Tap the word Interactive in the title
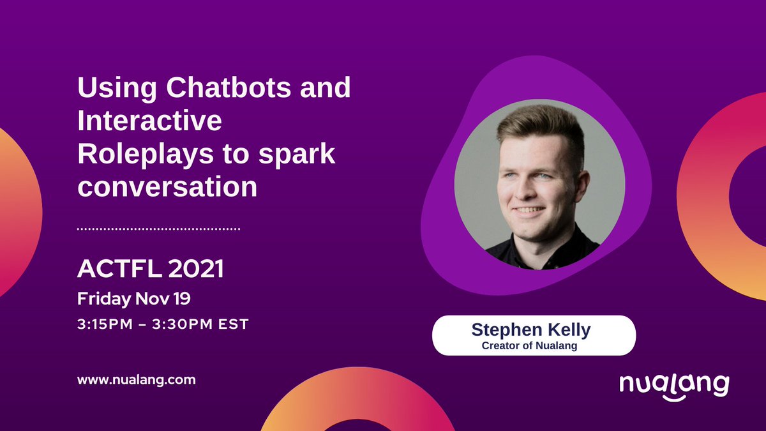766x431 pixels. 149,122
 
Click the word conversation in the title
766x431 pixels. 167,188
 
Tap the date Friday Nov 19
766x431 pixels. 134,298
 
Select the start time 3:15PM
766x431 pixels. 105,324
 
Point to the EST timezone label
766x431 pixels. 233,324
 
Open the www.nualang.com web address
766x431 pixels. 136,380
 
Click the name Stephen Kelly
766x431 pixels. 531,329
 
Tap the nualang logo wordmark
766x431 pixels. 674,385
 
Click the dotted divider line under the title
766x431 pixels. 158,228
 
